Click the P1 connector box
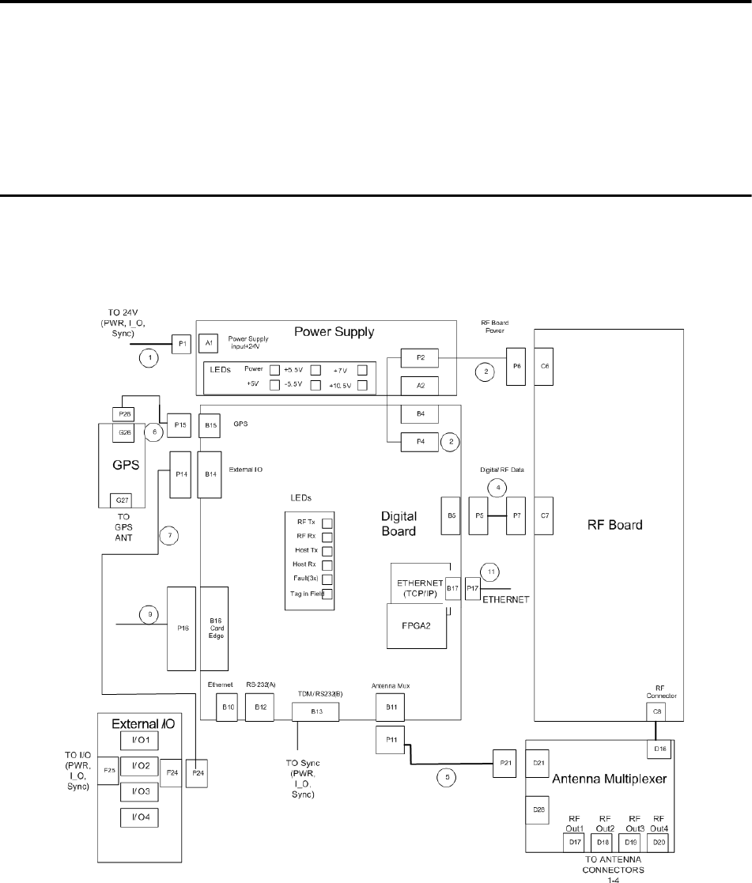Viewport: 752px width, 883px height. (182, 343)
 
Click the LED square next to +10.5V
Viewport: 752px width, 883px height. (363, 385)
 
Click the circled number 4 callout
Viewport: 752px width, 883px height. (497, 487)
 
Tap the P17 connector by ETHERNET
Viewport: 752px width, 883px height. (472, 588)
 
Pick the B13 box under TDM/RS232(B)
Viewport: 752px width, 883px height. (316, 712)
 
